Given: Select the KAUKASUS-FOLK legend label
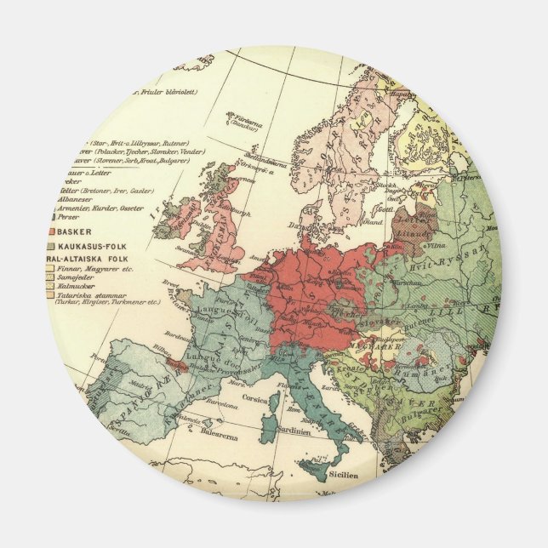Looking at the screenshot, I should click(x=89, y=246).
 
